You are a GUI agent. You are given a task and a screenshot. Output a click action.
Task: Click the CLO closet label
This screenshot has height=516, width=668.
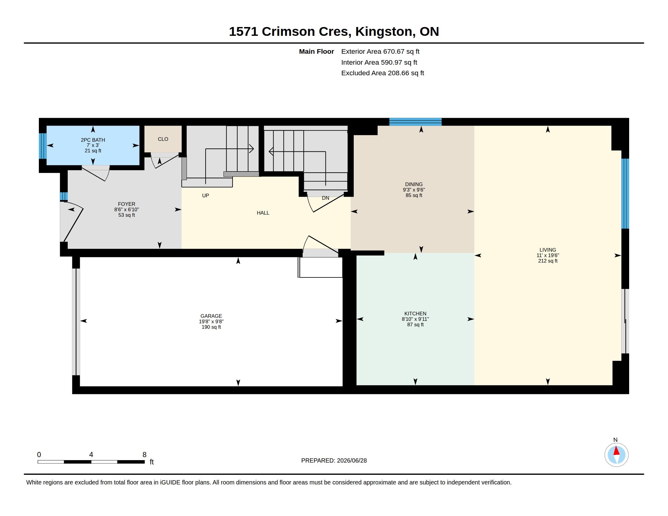click(163, 139)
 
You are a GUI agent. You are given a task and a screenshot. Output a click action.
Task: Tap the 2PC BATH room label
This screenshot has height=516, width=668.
click(93, 140)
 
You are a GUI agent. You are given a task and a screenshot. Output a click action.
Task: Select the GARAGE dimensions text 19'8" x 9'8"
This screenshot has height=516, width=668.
click(211, 321)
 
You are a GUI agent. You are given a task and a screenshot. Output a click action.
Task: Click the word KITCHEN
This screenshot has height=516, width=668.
click(415, 314)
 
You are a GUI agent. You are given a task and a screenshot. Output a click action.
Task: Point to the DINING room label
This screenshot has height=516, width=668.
click(414, 184)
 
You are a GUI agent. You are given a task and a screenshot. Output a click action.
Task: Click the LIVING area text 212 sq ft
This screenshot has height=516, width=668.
click(548, 261)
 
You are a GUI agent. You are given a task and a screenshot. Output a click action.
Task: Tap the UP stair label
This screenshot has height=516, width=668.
click(206, 196)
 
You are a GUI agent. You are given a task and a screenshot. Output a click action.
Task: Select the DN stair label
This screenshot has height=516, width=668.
click(325, 198)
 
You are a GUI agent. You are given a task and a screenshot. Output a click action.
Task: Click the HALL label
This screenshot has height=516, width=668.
click(263, 213)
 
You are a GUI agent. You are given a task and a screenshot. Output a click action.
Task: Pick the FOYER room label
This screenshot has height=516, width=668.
click(127, 204)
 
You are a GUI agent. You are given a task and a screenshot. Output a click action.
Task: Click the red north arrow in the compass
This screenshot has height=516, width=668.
click(617, 451)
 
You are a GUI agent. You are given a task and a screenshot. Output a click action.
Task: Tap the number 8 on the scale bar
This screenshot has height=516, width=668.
click(144, 455)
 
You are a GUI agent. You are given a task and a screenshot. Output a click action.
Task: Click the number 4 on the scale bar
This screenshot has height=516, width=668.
click(91, 455)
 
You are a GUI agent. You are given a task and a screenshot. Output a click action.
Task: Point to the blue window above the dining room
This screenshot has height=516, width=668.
click(415, 122)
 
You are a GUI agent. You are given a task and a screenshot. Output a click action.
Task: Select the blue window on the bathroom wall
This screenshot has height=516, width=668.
click(43, 146)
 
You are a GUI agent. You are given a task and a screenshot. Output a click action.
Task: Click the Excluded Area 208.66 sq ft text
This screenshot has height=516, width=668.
click(383, 73)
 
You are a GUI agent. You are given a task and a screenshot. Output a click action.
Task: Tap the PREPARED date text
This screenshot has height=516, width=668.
click(334, 460)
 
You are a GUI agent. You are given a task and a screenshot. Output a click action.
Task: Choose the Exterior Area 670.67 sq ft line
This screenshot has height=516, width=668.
click(380, 51)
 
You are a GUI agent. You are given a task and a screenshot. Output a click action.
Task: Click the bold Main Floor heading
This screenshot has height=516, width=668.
click(316, 51)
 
